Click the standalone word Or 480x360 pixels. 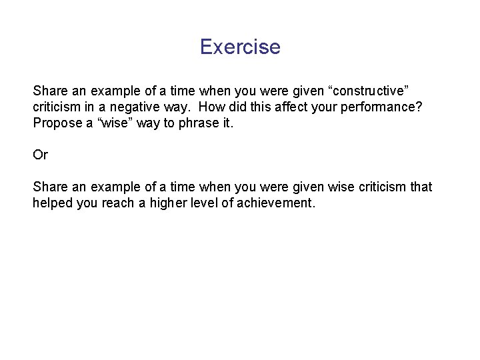click(41, 155)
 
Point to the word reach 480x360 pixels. click(121, 203)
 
